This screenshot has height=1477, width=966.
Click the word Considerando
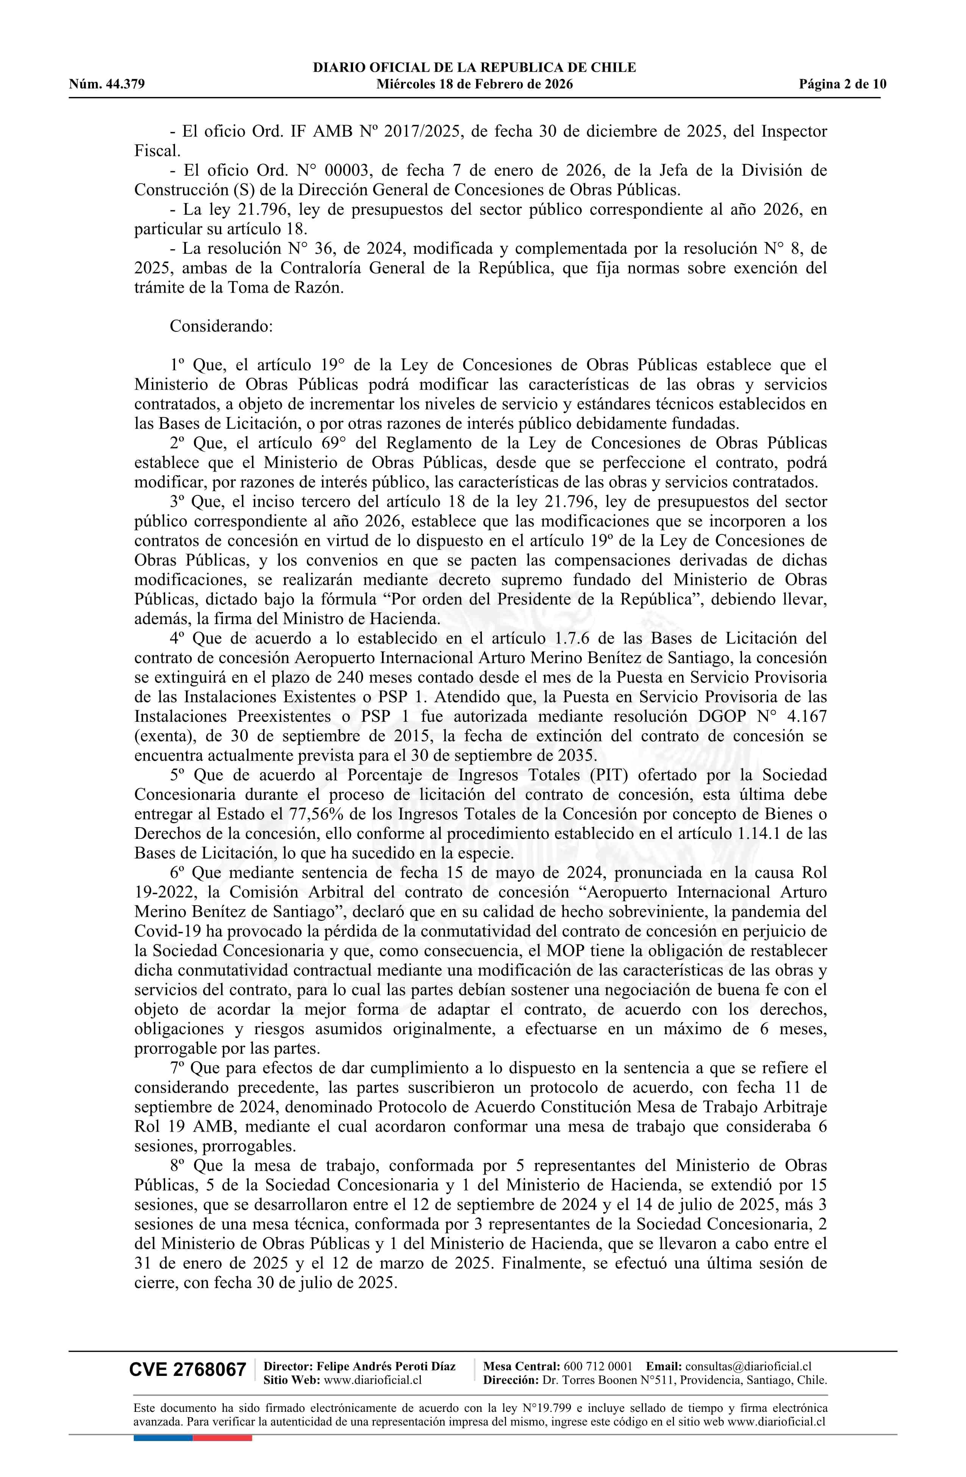221,326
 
